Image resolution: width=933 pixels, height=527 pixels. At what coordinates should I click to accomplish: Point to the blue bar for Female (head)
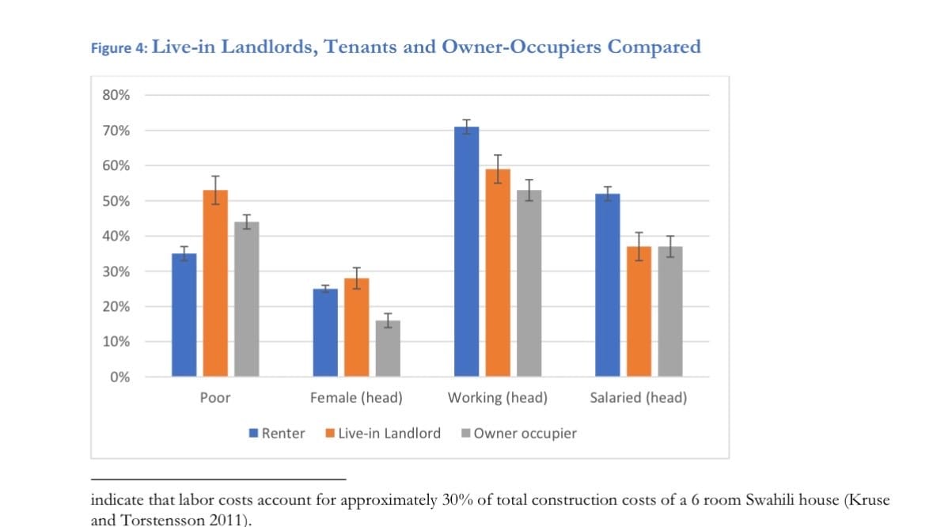pyautogui.click(x=325, y=332)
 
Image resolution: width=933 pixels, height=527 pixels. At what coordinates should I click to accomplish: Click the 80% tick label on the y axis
pyautogui.click(x=116, y=95)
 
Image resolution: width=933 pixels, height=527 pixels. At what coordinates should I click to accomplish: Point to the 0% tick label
pyautogui.click(x=120, y=377)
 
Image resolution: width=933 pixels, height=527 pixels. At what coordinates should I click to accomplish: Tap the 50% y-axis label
pyautogui.click(x=116, y=201)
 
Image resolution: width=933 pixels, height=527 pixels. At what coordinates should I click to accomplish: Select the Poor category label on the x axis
pyautogui.click(x=215, y=398)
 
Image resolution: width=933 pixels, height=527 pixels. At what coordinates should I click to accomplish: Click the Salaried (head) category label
pyautogui.click(x=638, y=398)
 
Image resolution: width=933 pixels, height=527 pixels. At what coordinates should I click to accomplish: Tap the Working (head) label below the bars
pyautogui.click(x=498, y=398)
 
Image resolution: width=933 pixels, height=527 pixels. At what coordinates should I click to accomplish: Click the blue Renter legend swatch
pyautogui.click(x=253, y=434)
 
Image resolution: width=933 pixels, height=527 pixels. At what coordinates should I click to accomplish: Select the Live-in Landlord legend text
pyautogui.click(x=389, y=434)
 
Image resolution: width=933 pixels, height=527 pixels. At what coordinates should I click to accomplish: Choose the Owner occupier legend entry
pyautogui.click(x=525, y=434)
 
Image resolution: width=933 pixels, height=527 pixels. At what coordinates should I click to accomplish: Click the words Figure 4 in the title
pyautogui.click(x=119, y=48)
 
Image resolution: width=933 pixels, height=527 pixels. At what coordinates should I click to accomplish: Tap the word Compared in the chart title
pyautogui.click(x=654, y=47)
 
